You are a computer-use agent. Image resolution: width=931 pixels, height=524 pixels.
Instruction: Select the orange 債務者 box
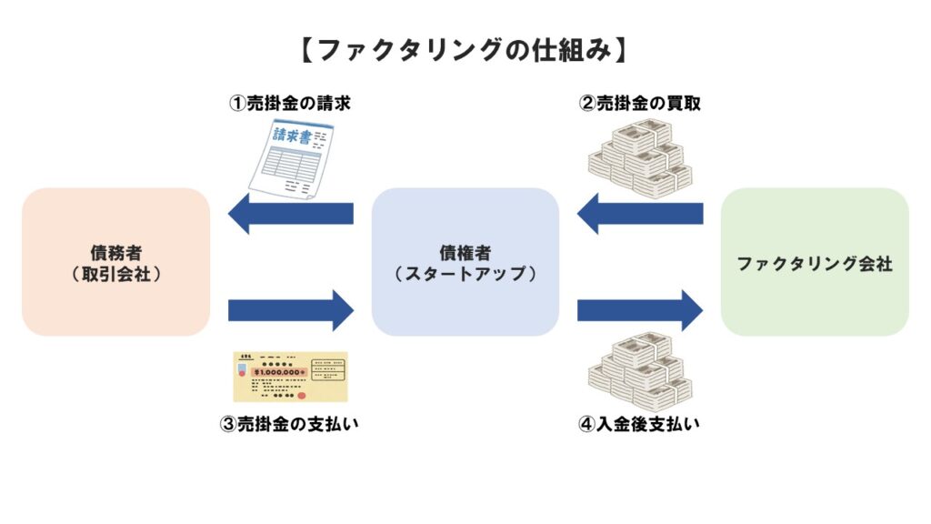pyautogui.click(x=115, y=262)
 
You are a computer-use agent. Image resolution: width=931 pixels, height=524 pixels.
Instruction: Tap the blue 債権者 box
pyautogui.click(x=465, y=262)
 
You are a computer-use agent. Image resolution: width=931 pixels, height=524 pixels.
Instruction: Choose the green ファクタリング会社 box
pyautogui.click(x=815, y=262)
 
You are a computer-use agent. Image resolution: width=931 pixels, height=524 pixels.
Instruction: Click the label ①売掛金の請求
pyautogui.click(x=289, y=104)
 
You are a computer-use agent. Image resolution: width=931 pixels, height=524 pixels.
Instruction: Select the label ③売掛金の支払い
pyautogui.click(x=290, y=424)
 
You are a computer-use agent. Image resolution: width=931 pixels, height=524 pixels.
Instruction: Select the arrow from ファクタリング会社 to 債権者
pyautogui.click(x=640, y=214)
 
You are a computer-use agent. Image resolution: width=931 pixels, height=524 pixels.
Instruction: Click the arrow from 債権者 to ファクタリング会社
pyautogui.click(x=640, y=310)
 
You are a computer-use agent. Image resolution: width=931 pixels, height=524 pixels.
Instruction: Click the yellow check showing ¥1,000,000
pyautogui.click(x=290, y=377)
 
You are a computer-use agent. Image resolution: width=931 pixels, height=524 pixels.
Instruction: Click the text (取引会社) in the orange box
pyautogui.click(x=115, y=272)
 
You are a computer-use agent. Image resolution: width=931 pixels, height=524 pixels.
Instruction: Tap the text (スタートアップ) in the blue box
pyautogui.click(x=465, y=272)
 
